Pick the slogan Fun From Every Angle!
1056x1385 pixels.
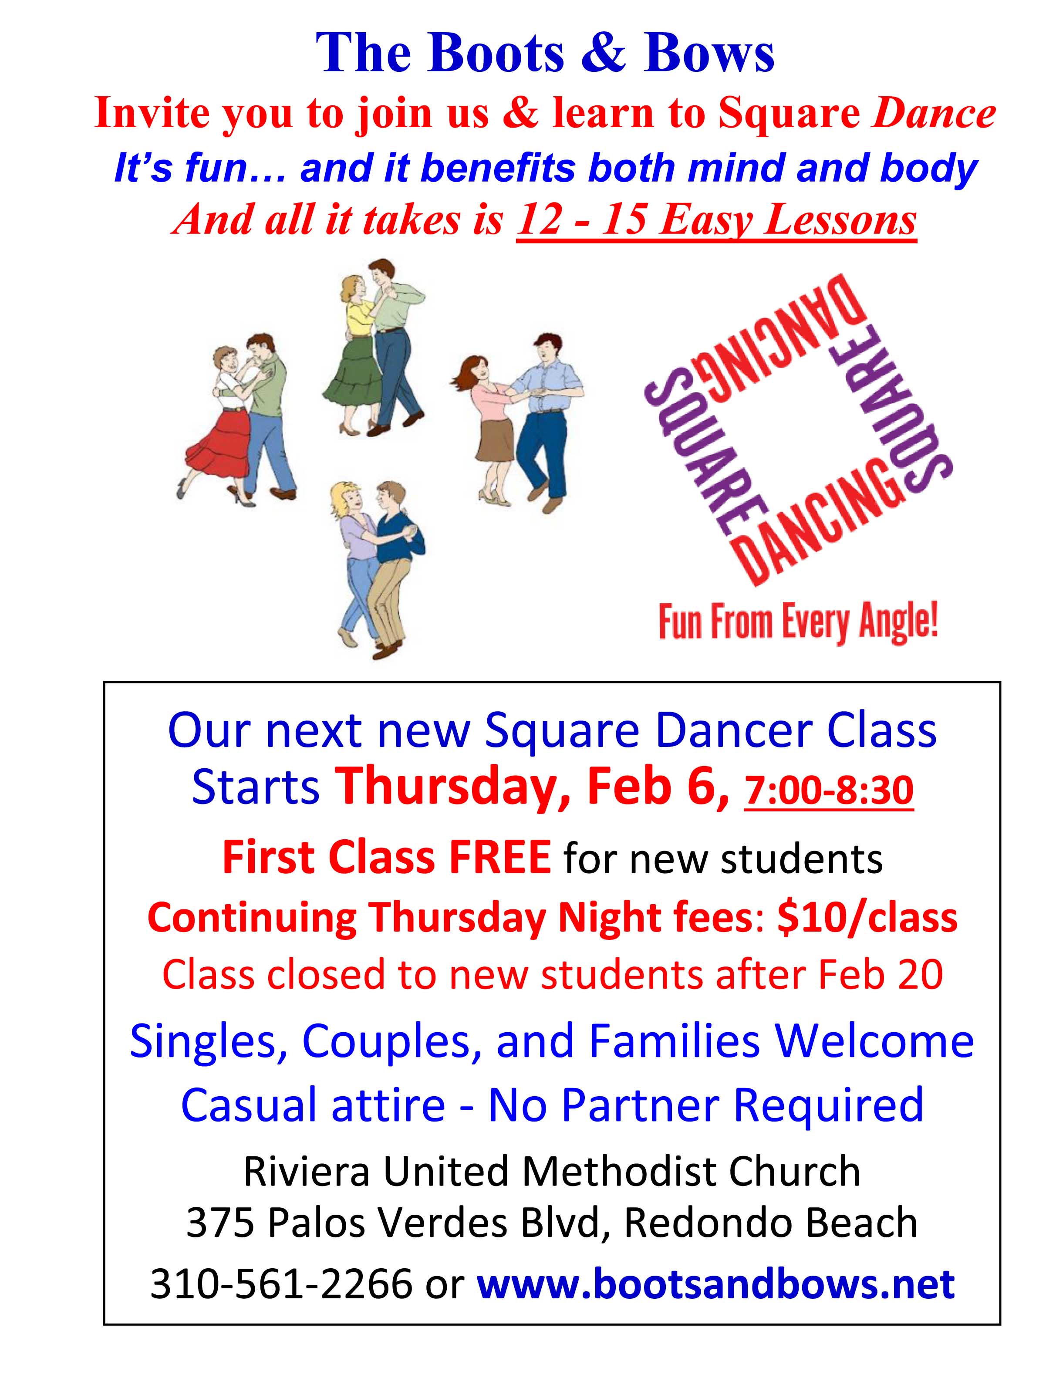(x=798, y=622)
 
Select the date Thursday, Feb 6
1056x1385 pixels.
(x=533, y=788)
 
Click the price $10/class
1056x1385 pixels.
(x=867, y=917)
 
